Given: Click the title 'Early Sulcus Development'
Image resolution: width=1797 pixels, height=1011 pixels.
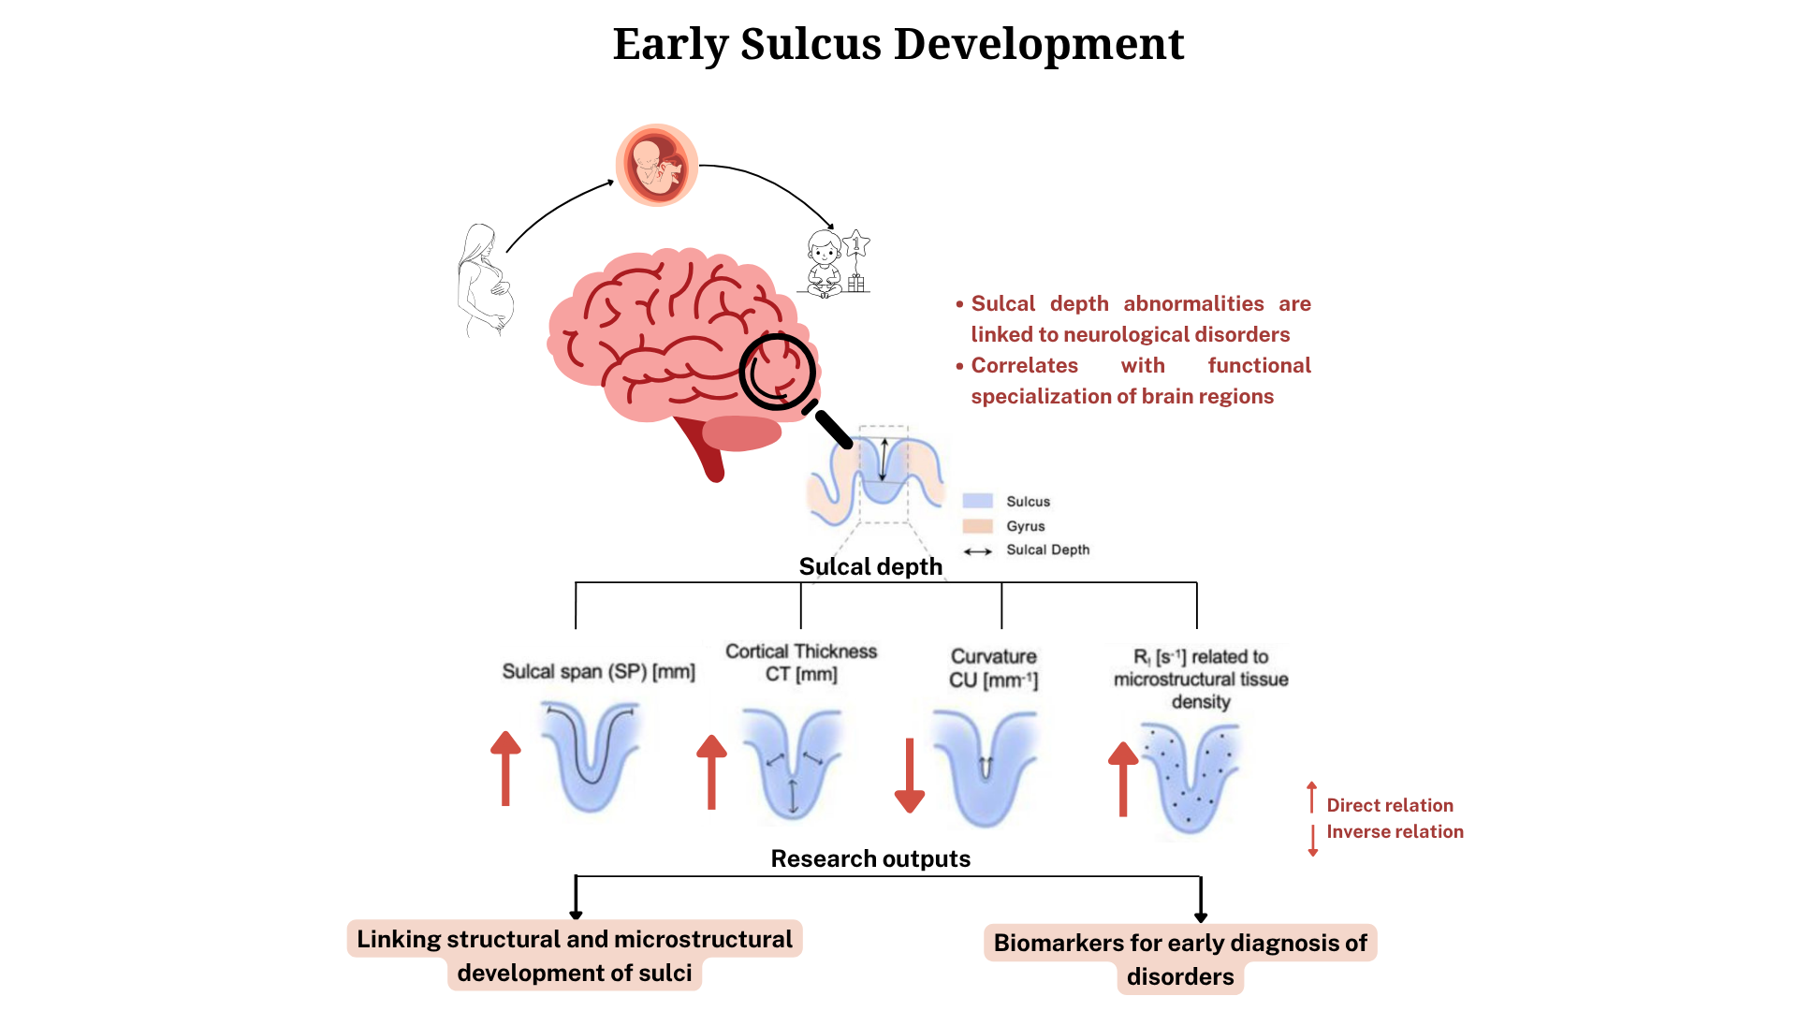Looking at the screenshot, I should click(x=898, y=44).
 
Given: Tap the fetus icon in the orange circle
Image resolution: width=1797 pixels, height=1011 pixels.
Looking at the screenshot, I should click(x=656, y=166).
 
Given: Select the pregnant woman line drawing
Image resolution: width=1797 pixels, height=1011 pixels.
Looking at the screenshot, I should click(x=485, y=280).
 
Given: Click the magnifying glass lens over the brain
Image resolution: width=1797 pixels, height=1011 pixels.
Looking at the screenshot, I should click(x=777, y=371).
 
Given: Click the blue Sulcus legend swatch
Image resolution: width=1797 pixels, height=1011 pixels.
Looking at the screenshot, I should click(x=977, y=501).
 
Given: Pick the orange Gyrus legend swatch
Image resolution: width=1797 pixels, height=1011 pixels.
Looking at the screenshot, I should click(x=977, y=526).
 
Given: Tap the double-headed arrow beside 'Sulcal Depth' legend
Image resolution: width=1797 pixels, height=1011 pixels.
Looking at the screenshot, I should click(x=977, y=551).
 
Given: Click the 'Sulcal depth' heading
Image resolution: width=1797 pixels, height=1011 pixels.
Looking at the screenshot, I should click(x=870, y=566).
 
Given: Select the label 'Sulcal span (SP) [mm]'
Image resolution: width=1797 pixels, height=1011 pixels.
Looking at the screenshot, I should click(x=598, y=671).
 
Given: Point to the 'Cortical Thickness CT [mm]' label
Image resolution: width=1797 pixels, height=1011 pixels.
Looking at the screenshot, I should click(x=801, y=663).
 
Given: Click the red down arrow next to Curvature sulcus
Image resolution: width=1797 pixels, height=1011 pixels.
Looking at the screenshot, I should click(x=909, y=775).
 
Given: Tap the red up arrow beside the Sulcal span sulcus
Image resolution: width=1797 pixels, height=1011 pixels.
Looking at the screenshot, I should click(x=505, y=769).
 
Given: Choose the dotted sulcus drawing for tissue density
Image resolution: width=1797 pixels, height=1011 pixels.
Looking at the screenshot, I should click(x=1191, y=776).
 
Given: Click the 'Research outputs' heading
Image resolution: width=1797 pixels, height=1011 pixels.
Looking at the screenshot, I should click(x=870, y=858).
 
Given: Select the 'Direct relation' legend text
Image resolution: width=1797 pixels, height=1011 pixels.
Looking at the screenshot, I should click(x=1390, y=805).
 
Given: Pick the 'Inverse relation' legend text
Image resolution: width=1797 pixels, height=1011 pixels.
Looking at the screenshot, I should click(x=1395, y=831).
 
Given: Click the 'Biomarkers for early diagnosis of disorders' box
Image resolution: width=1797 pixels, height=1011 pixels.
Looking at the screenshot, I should click(x=1180, y=959).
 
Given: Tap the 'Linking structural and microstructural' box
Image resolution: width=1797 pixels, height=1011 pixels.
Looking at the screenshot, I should click(x=575, y=940).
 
